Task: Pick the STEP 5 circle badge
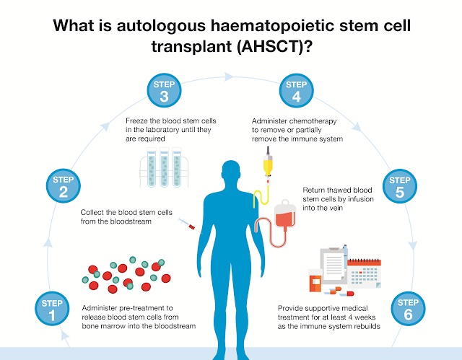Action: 399,186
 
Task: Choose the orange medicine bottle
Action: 315,282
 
